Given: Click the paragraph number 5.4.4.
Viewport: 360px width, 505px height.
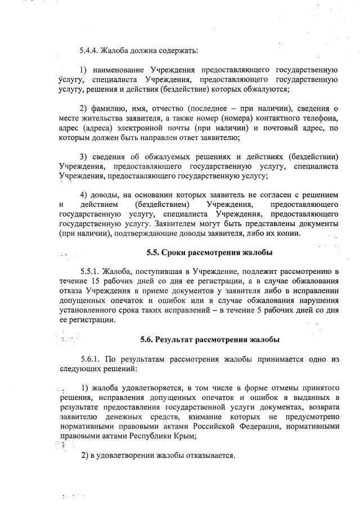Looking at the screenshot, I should click(x=90, y=51).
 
